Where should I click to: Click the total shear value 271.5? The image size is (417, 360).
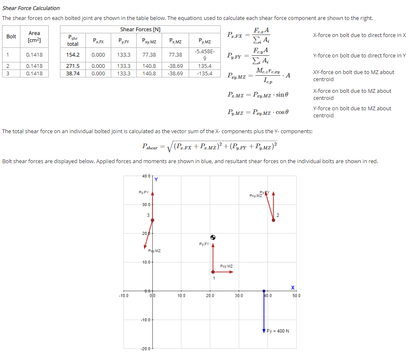[73, 66]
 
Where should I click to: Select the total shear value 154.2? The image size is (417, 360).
[73, 55]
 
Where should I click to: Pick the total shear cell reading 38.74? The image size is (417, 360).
[73, 73]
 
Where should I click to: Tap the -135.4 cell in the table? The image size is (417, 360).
[205, 73]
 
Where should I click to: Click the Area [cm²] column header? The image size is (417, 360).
[34, 37]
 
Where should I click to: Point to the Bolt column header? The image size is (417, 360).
[12, 37]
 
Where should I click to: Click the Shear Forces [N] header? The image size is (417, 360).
[140, 29]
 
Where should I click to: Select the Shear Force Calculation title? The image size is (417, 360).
[31, 8]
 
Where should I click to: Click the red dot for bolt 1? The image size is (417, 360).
[213, 272]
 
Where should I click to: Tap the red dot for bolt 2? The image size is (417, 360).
[273, 220]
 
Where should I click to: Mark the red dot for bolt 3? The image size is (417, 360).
[152, 220]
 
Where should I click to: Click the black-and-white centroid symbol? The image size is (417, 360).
[213, 237]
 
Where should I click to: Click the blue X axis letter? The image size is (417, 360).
[293, 287]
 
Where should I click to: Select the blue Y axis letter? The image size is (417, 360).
[156, 180]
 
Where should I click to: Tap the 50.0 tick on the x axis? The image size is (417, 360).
[296, 296]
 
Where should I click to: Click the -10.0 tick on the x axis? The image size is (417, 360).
[124, 296]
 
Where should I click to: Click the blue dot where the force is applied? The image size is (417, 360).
[264, 291]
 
